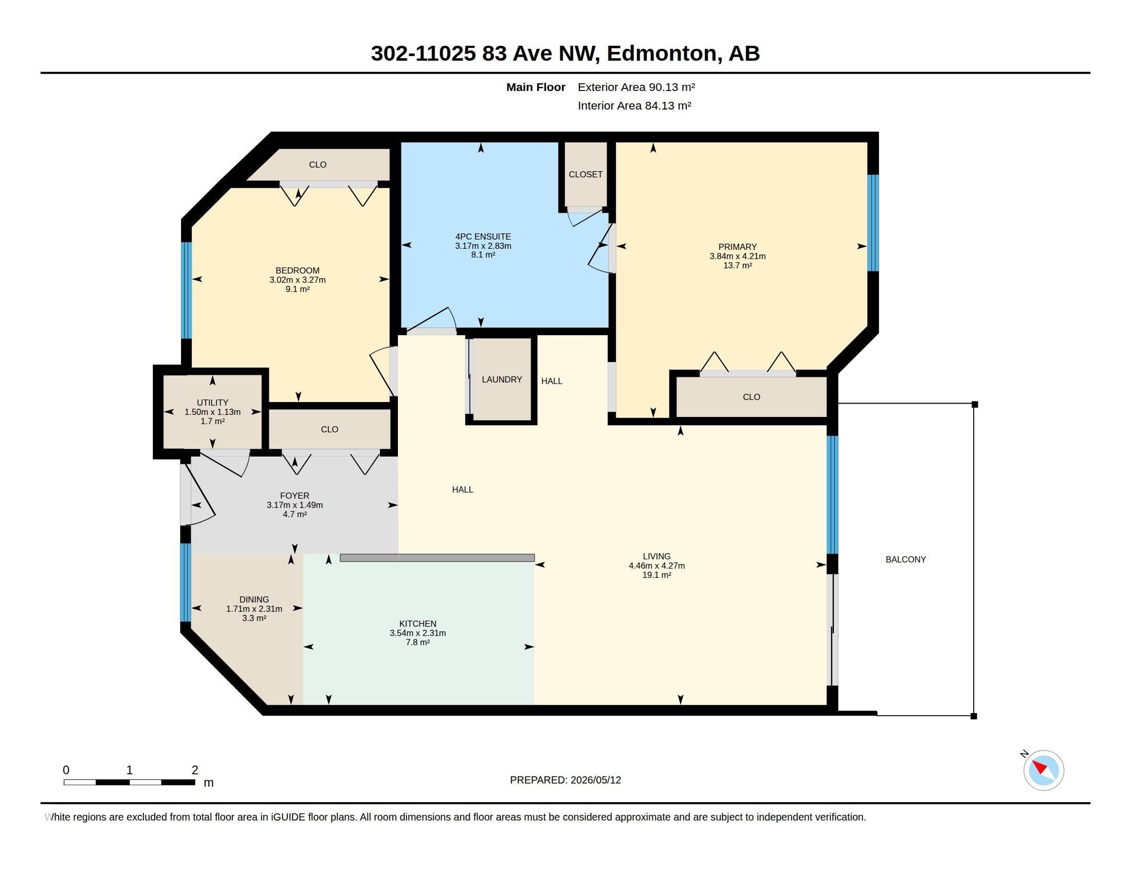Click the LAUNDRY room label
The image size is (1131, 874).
tap(502, 379)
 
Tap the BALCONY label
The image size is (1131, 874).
tap(906, 559)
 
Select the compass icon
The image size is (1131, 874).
tap(1044, 770)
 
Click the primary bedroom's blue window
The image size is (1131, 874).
tap(873, 223)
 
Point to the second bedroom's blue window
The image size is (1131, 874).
tap(187, 290)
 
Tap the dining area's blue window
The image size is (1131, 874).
tap(186, 582)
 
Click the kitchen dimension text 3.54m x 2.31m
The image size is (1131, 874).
tap(418, 633)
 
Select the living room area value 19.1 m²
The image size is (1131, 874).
tap(656, 575)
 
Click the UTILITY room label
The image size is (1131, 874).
tap(212, 403)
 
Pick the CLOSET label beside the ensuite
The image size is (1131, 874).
tap(586, 174)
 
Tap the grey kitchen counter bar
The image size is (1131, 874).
tap(437, 558)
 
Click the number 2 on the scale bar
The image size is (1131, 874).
tap(195, 770)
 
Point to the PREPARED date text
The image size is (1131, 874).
tap(565, 780)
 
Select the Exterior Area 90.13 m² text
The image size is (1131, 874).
tap(636, 87)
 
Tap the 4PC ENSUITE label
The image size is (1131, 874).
tap(483, 236)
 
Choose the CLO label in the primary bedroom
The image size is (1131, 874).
tap(752, 397)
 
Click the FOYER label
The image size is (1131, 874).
tap(295, 496)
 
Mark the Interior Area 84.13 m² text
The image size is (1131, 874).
tap(634, 105)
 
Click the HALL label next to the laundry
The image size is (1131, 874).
tap(552, 381)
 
